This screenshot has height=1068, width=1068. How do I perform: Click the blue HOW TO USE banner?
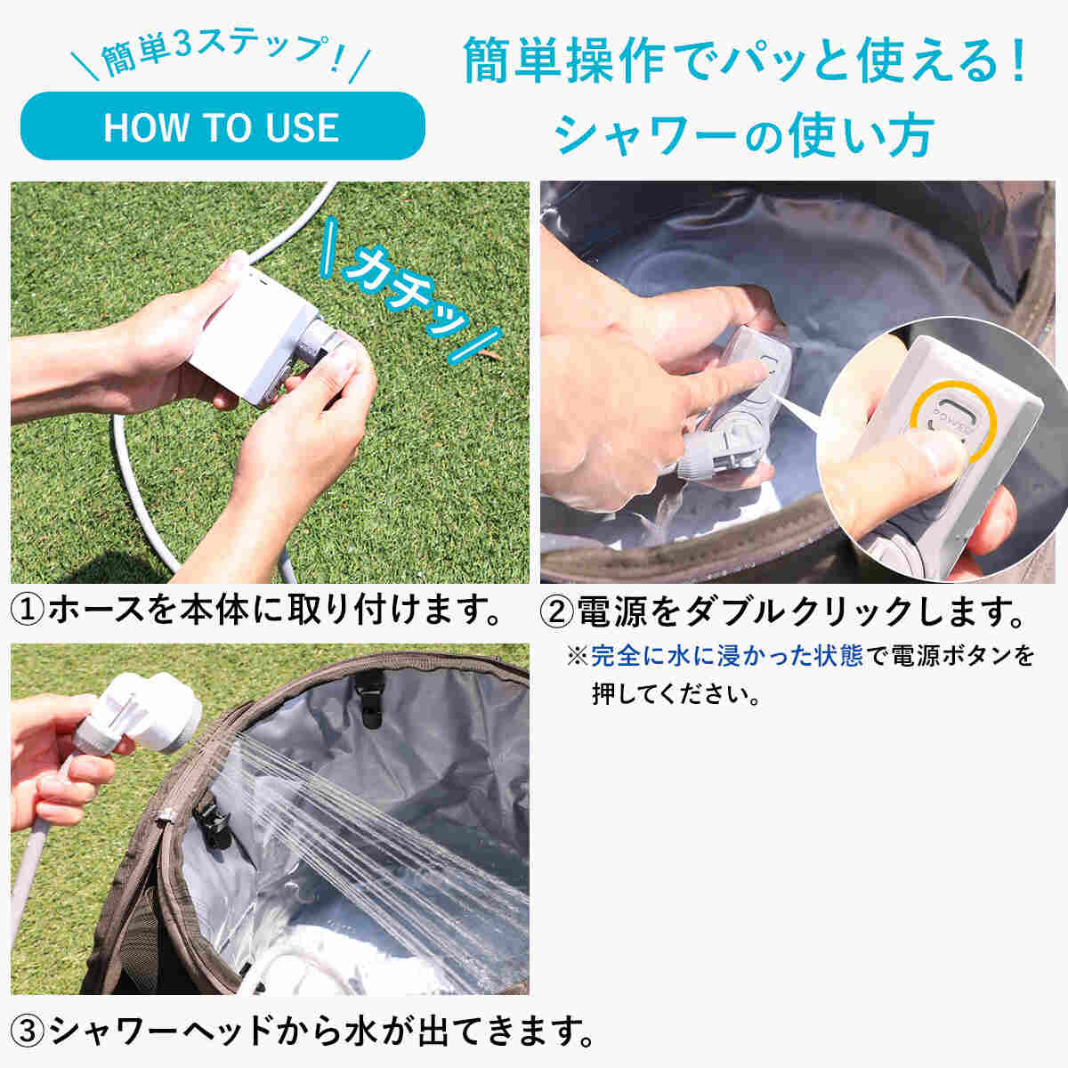pos(222,125)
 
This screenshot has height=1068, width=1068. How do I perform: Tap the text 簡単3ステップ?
pos(221,56)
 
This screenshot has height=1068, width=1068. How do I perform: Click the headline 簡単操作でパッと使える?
pos(745,60)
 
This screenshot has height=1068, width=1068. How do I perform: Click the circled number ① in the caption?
pos(28,611)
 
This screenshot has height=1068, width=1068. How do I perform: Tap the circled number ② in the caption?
pos(556,611)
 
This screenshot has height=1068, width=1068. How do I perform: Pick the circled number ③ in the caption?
pos(28,1031)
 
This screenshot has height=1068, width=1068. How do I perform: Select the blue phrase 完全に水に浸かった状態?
pos(726,656)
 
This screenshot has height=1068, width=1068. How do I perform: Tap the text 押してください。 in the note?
pos(676,694)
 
